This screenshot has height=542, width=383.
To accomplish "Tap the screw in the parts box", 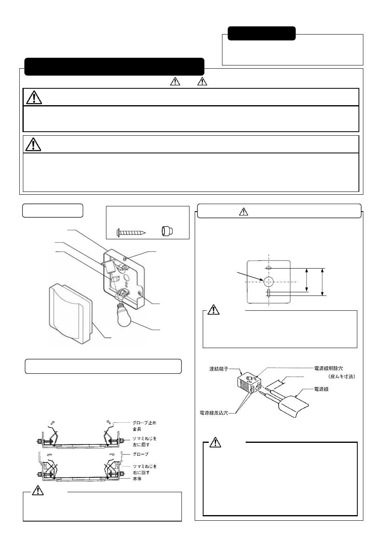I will [131, 232].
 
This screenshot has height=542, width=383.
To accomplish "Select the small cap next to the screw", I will [167, 231].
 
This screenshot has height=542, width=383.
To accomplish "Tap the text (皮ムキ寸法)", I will [342, 377].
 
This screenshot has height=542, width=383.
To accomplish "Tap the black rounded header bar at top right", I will [262, 33].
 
